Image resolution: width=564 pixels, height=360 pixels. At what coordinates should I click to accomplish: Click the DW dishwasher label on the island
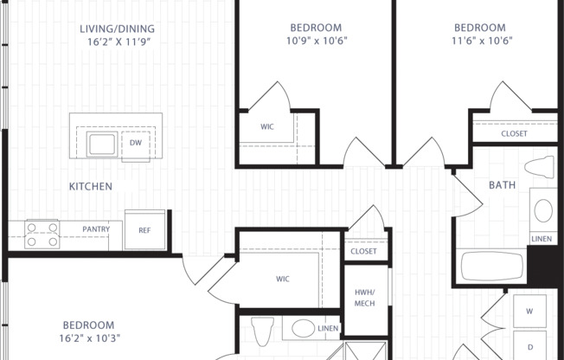(x=136, y=143)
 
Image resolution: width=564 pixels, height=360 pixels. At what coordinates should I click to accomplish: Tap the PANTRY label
(x=95, y=229)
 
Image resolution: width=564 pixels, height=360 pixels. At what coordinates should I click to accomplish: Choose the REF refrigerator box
(x=144, y=230)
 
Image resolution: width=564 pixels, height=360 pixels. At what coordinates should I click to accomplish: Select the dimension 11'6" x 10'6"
(x=479, y=40)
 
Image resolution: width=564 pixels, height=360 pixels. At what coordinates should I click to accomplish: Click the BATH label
(x=502, y=184)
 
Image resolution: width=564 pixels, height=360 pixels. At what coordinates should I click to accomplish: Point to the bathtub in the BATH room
(x=493, y=266)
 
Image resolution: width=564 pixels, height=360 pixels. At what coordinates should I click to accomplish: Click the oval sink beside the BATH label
(x=543, y=210)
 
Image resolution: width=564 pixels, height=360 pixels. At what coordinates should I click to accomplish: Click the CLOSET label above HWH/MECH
(x=363, y=251)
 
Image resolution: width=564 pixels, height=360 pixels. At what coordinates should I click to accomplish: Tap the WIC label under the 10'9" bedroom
(x=267, y=125)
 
